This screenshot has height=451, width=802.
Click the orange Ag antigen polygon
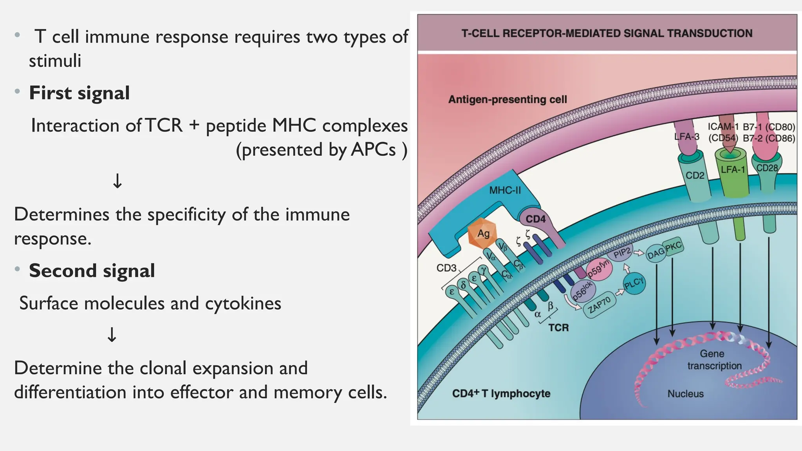click(x=482, y=234)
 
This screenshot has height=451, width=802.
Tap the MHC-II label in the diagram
click(x=505, y=191)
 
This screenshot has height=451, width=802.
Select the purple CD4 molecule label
click(x=535, y=219)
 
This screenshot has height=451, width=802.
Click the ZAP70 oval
click(x=599, y=304)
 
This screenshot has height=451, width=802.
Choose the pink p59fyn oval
click(x=598, y=270)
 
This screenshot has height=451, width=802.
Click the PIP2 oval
click(x=622, y=253)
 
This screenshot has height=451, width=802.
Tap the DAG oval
click(x=656, y=253)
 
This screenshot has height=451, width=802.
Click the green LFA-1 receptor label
click(x=733, y=170)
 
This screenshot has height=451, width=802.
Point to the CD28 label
click(x=767, y=168)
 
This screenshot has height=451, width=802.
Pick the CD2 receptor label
click(x=695, y=175)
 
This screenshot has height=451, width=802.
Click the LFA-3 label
click(x=686, y=137)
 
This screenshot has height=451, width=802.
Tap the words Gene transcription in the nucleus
click(x=714, y=359)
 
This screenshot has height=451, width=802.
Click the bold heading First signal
click(x=79, y=93)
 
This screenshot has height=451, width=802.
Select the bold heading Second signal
click(x=92, y=271)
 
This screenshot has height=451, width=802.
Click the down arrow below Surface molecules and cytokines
click(x=112, y=335)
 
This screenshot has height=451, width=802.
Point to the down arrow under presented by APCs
click(x=117, y=181)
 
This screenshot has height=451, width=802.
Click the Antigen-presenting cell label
click(x=507, y=99)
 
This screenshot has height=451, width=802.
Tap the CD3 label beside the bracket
click(x=446, y=268)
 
